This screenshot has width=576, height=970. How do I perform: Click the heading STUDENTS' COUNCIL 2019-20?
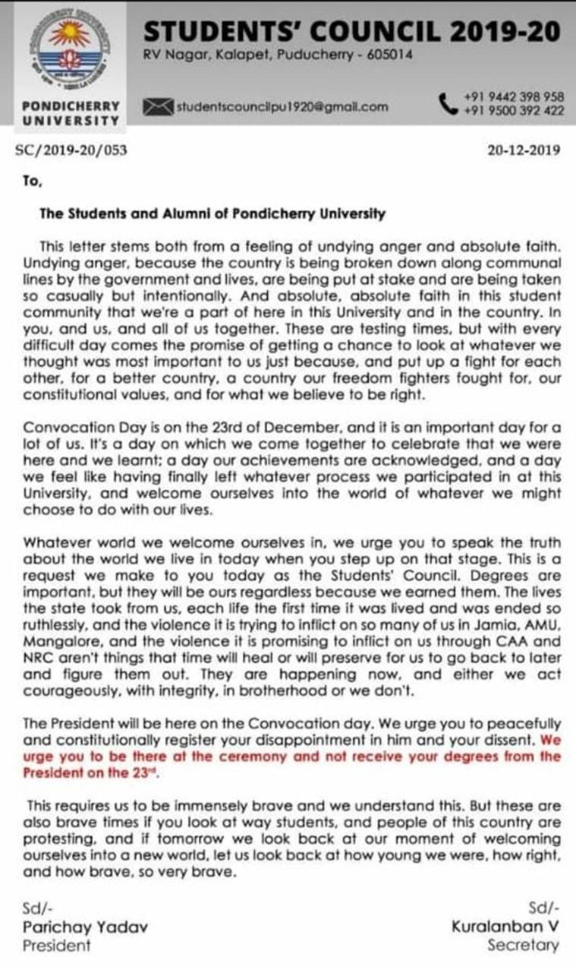click(x=353, y=31)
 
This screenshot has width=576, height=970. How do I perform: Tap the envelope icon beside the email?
click(x=158, y=107)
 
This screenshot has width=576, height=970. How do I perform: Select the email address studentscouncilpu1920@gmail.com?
click(x=282, y=107)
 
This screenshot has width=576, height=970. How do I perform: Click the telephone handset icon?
click(x=447, y=103)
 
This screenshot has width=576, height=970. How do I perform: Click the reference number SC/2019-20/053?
click(x=71, y=150)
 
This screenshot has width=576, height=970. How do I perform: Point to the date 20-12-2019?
click(x=524, y=150)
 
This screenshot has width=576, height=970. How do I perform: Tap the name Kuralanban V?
click(x=505, y=927)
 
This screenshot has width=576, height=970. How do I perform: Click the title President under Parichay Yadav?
click(x=56, y=946)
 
